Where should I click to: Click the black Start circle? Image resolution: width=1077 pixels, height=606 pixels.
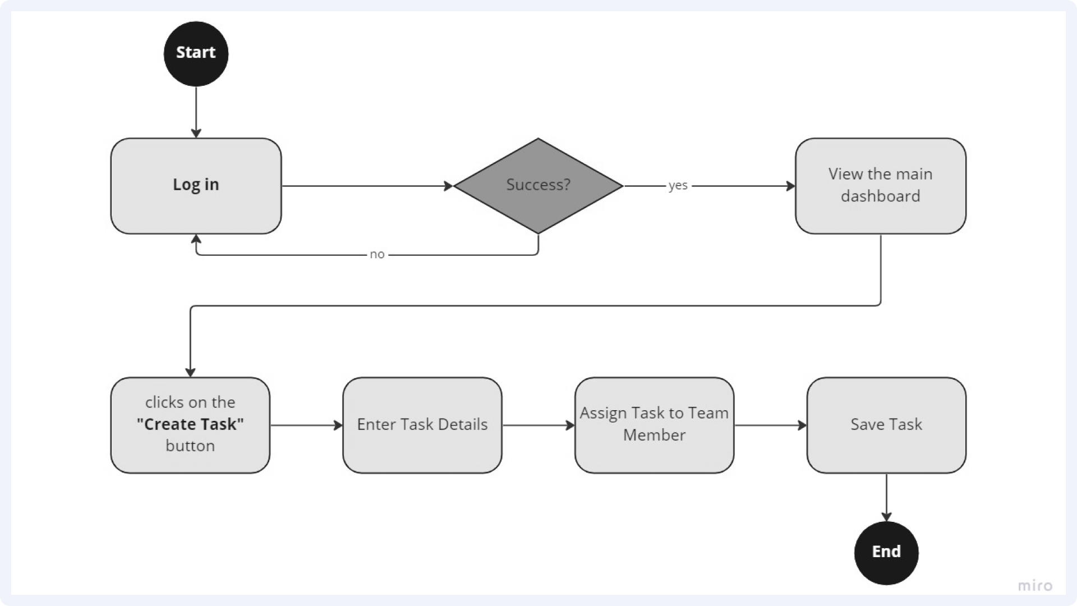(x=196, y=54)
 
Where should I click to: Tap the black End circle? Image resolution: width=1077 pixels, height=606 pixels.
(x=886, y=553)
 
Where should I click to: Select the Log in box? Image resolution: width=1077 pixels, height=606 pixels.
(x=196, y=186)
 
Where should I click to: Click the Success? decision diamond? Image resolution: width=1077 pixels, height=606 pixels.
(x=538, y=186)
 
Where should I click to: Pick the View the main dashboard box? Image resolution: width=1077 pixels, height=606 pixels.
(x=881, y=186)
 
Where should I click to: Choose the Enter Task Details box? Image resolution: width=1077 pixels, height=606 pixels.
(x=422, y=425)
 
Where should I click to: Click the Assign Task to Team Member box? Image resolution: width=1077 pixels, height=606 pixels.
(x=654, y=425)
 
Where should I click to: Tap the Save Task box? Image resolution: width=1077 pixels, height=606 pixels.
(x=886, y=425)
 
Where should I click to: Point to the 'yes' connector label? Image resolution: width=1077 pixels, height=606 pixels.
(x=678, y=186)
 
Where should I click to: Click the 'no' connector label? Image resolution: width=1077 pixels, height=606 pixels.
(x=377, y=255)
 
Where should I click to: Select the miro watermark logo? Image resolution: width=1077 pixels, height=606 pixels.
(x=1035, y=586)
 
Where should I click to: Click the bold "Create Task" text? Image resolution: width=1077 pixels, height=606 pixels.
(x=190, y=424)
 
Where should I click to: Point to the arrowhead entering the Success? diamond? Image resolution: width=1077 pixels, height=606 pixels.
(x=448, y=186)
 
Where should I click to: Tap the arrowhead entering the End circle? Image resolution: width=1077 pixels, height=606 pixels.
(x=886, y=517)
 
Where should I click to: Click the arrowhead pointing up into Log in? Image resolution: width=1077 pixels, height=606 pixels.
(x=196, y=239)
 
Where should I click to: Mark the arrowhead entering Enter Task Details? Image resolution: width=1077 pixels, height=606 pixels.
(x=338, y=425)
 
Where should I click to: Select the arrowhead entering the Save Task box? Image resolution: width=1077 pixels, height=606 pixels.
(x=802, y=425)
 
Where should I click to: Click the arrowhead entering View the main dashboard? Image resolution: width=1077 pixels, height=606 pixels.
(x=791, y=186)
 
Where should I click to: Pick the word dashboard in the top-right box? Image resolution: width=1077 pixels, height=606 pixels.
(x=881, y=196)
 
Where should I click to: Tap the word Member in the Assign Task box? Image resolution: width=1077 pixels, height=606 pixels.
(x=654, y=435)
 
